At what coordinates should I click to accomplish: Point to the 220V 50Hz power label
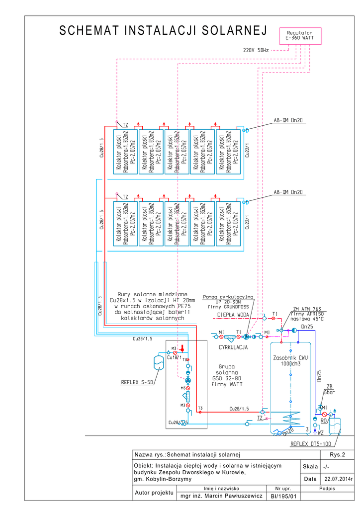256,50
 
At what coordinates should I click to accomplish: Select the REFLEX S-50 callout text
137,382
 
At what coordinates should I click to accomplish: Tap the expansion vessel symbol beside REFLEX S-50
159,361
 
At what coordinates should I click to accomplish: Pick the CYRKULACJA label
233,347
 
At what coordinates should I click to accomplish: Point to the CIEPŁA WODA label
233,315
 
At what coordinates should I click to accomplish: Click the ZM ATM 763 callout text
307,309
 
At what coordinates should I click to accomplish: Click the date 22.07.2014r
338,479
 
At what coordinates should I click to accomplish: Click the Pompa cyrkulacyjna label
228,297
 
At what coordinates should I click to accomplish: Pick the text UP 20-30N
229,302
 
